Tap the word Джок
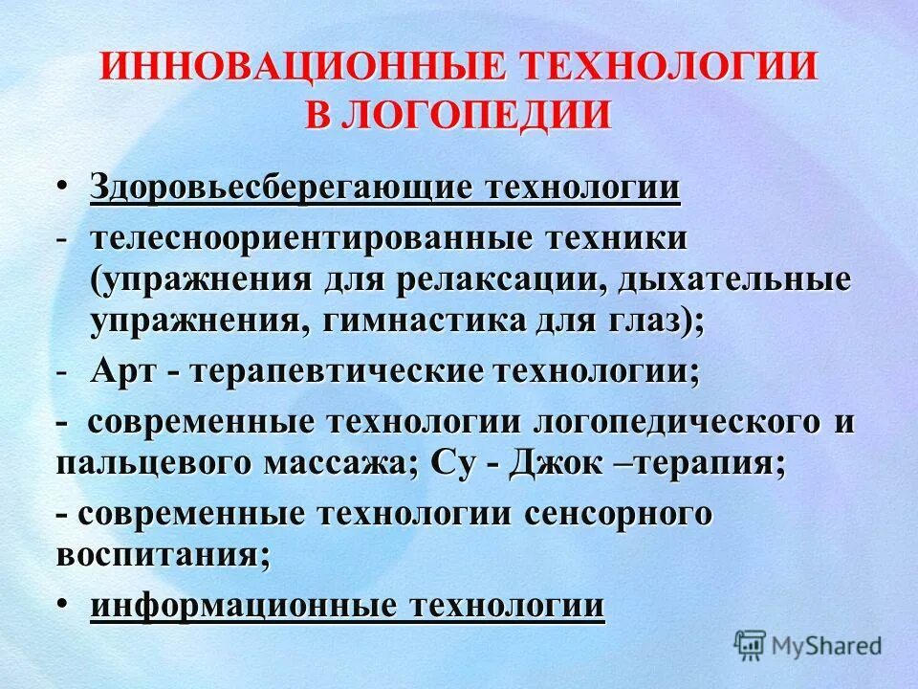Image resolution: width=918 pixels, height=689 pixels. (554, 465)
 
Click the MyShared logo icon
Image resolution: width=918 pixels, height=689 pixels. (750, 645)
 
